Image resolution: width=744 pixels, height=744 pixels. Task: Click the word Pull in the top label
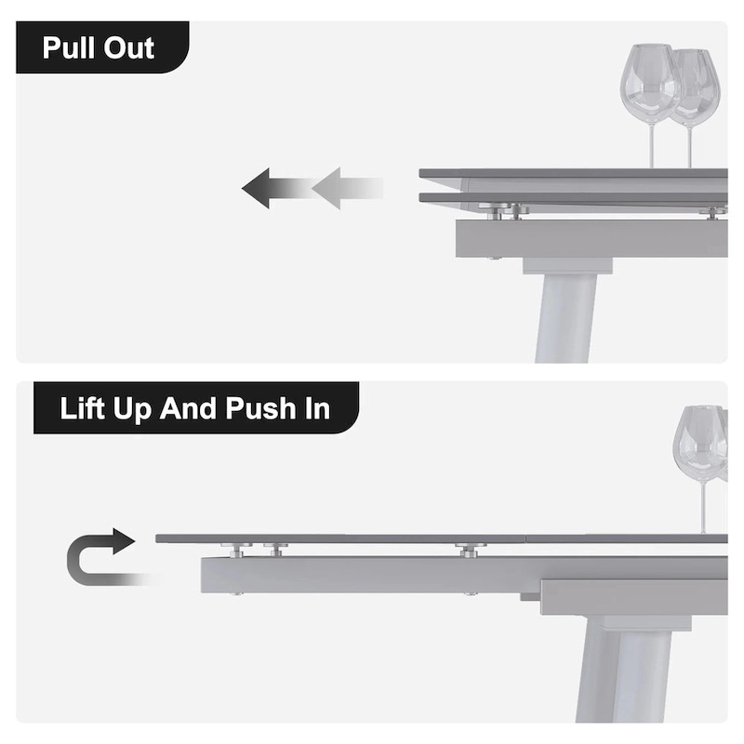click(68, 47)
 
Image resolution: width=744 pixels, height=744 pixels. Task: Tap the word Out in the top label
click(129, 48)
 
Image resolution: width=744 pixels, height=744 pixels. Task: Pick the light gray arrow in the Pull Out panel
click(347, 189)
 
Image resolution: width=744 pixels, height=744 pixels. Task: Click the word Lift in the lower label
click(82, 408)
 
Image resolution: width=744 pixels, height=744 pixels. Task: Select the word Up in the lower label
click(132, 410)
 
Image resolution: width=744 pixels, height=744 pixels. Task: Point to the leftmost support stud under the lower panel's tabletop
click(236, 550)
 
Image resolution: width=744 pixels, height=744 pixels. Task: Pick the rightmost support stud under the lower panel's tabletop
click(469, 550)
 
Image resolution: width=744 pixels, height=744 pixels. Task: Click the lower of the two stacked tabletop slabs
click(573, 198)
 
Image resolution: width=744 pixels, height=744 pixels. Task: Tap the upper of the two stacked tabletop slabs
click(573, 174)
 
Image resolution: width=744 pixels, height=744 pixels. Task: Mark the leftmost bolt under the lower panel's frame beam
click(236, 594)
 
